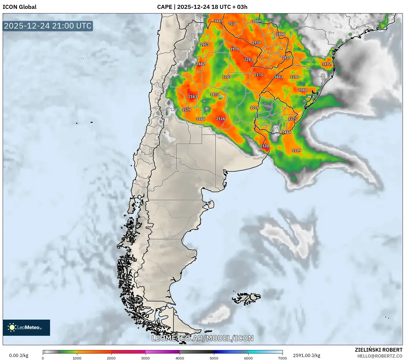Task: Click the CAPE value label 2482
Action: coord(200,64)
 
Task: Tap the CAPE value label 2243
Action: coord(248,60)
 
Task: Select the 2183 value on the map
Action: coord(192,97)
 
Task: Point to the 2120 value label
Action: coord(265,146)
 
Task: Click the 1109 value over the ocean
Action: coord(297,151)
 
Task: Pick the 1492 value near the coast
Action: coord(326,64)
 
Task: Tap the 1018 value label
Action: coord(254,108)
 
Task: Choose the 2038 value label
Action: coord(233,24)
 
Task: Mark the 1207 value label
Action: coord(227,77)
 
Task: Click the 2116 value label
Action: coord(221,119)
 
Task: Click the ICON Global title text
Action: coord(19,7)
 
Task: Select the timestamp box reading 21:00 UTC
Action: coord(48,26)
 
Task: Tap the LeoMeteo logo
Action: coord(26,327)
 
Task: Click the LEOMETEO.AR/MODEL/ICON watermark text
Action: coord(202,338)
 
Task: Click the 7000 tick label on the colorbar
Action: coord(282,358)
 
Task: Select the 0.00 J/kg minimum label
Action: coord(19,355)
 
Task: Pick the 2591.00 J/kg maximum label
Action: coord(307,355)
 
